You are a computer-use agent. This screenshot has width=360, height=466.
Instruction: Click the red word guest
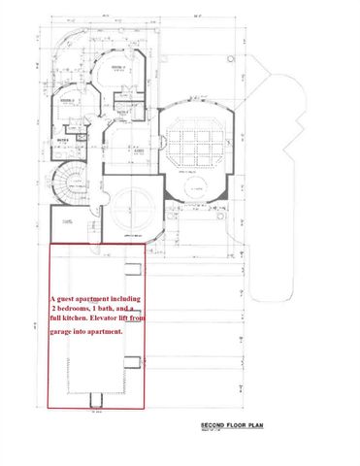[x=72, y=299]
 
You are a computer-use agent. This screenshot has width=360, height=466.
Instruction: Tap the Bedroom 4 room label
[x=118, y=69]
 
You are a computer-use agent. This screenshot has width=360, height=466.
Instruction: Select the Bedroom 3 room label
[x=68, y=101]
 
